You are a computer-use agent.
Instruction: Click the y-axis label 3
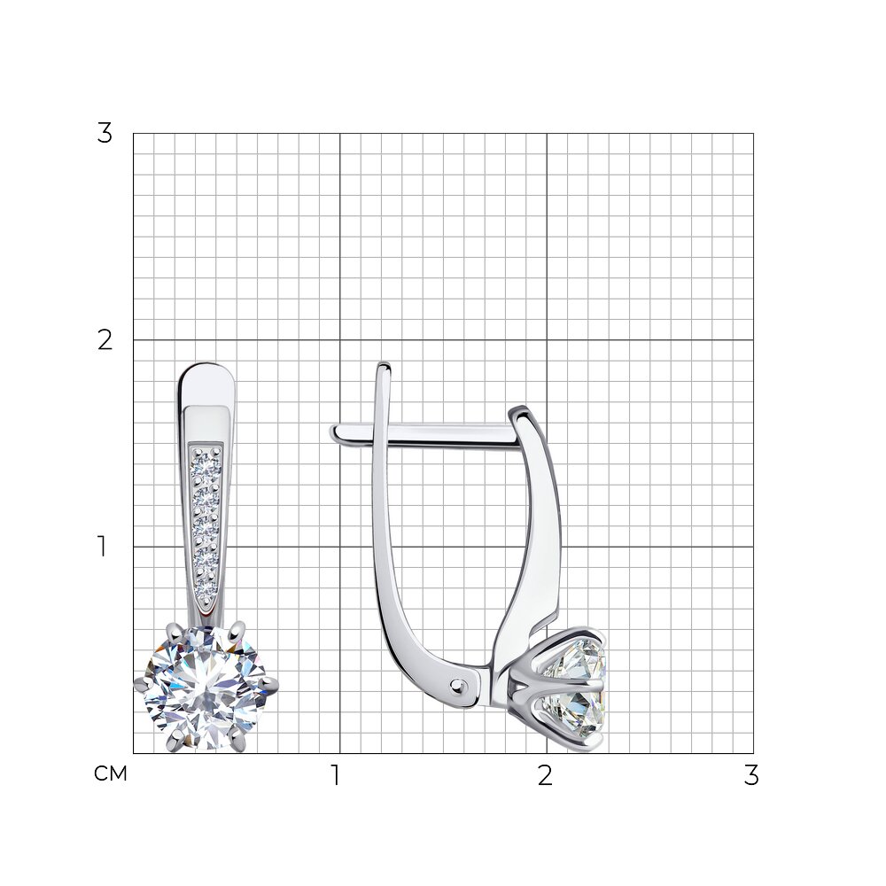point(105,134)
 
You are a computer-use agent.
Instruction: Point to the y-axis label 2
point(105,341)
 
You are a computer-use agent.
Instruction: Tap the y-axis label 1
point(102,547)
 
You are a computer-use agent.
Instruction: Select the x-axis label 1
point(336,775)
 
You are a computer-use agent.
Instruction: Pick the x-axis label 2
point(545,775)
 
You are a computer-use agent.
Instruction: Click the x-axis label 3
point(751,775)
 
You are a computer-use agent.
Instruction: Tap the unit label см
point(111,773)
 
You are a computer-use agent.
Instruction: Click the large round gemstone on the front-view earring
point(206,688)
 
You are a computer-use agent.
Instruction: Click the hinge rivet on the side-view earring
point(457,686)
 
